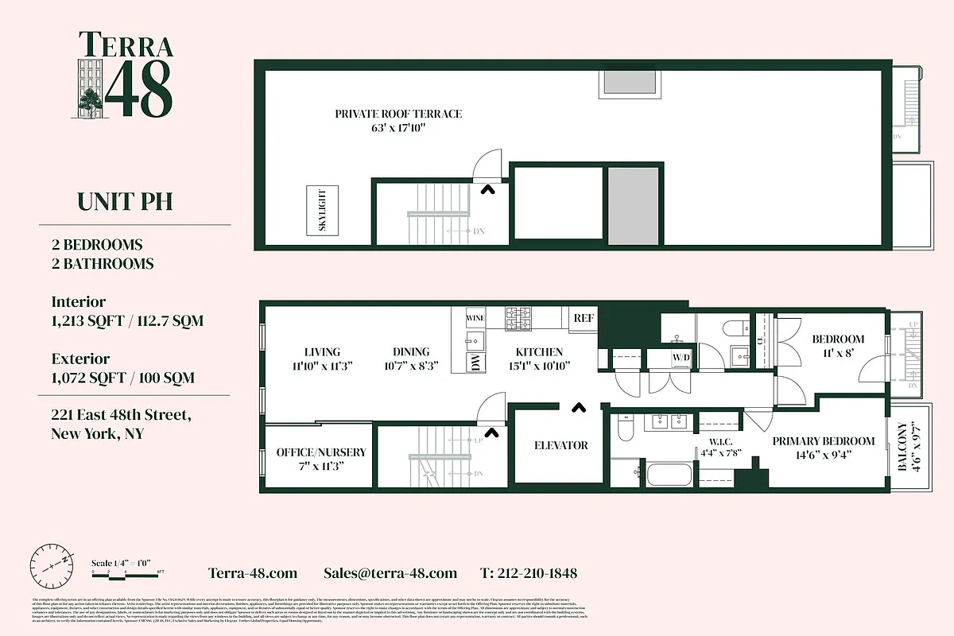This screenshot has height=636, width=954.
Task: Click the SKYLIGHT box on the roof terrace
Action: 322,210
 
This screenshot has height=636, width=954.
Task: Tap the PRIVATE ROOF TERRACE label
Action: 397,114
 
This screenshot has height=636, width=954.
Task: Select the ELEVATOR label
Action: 561,445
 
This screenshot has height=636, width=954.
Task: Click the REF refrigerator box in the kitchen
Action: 584,318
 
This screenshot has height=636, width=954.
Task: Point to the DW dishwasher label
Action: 475,363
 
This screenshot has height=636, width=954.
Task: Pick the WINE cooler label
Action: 475,318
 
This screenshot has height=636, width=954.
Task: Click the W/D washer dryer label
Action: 681,359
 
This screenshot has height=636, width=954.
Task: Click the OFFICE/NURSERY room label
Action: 320,452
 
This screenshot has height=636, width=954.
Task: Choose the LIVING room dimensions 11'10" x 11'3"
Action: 322,366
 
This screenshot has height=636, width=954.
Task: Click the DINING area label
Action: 410,352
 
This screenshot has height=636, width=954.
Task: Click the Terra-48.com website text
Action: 253,573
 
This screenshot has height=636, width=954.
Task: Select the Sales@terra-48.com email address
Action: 390,573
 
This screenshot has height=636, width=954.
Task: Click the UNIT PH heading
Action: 125,202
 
